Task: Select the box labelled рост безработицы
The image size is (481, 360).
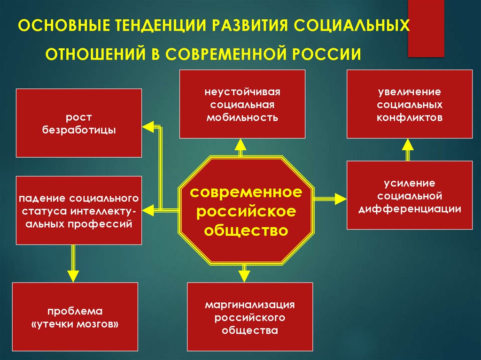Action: [79, 123]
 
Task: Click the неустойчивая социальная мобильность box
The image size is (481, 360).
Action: [242, 104]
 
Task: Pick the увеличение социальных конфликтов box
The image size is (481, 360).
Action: [410, 104]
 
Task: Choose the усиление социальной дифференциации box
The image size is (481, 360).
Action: [410, 195]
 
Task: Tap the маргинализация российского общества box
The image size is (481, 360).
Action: [250, 317]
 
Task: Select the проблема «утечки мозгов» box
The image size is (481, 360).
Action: [75, 317]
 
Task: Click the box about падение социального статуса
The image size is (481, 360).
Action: [79, 210]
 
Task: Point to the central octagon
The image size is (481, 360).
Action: [246, 209]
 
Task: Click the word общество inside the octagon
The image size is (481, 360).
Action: [246, 230]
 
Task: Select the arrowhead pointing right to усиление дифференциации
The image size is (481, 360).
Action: [341, 199]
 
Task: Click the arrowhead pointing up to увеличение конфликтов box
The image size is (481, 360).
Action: [408, 145]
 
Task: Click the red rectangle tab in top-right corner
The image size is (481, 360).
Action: [426, 28]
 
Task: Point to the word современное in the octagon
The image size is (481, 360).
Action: [246, 192]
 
